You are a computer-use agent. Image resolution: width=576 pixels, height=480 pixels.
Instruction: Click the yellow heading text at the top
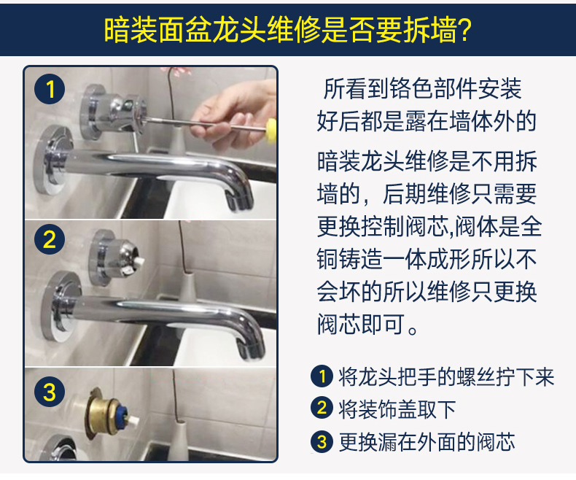tap(287, 30)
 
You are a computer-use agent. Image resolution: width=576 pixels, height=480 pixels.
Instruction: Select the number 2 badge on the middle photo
tap(50, 241)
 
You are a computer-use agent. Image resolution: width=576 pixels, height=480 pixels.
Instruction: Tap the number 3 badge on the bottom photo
tap(50, 392)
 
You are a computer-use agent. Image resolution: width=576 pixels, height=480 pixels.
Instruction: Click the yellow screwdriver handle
tap(271, 131)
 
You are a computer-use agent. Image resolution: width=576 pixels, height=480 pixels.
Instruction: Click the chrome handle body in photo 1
tap(109, 109)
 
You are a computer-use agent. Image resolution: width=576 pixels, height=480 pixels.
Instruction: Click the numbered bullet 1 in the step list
tap(322, 376)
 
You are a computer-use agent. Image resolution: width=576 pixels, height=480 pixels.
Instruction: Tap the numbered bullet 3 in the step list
tap(322, 441)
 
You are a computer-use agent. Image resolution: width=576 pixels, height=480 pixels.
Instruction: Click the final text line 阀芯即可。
tap(368, 323)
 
